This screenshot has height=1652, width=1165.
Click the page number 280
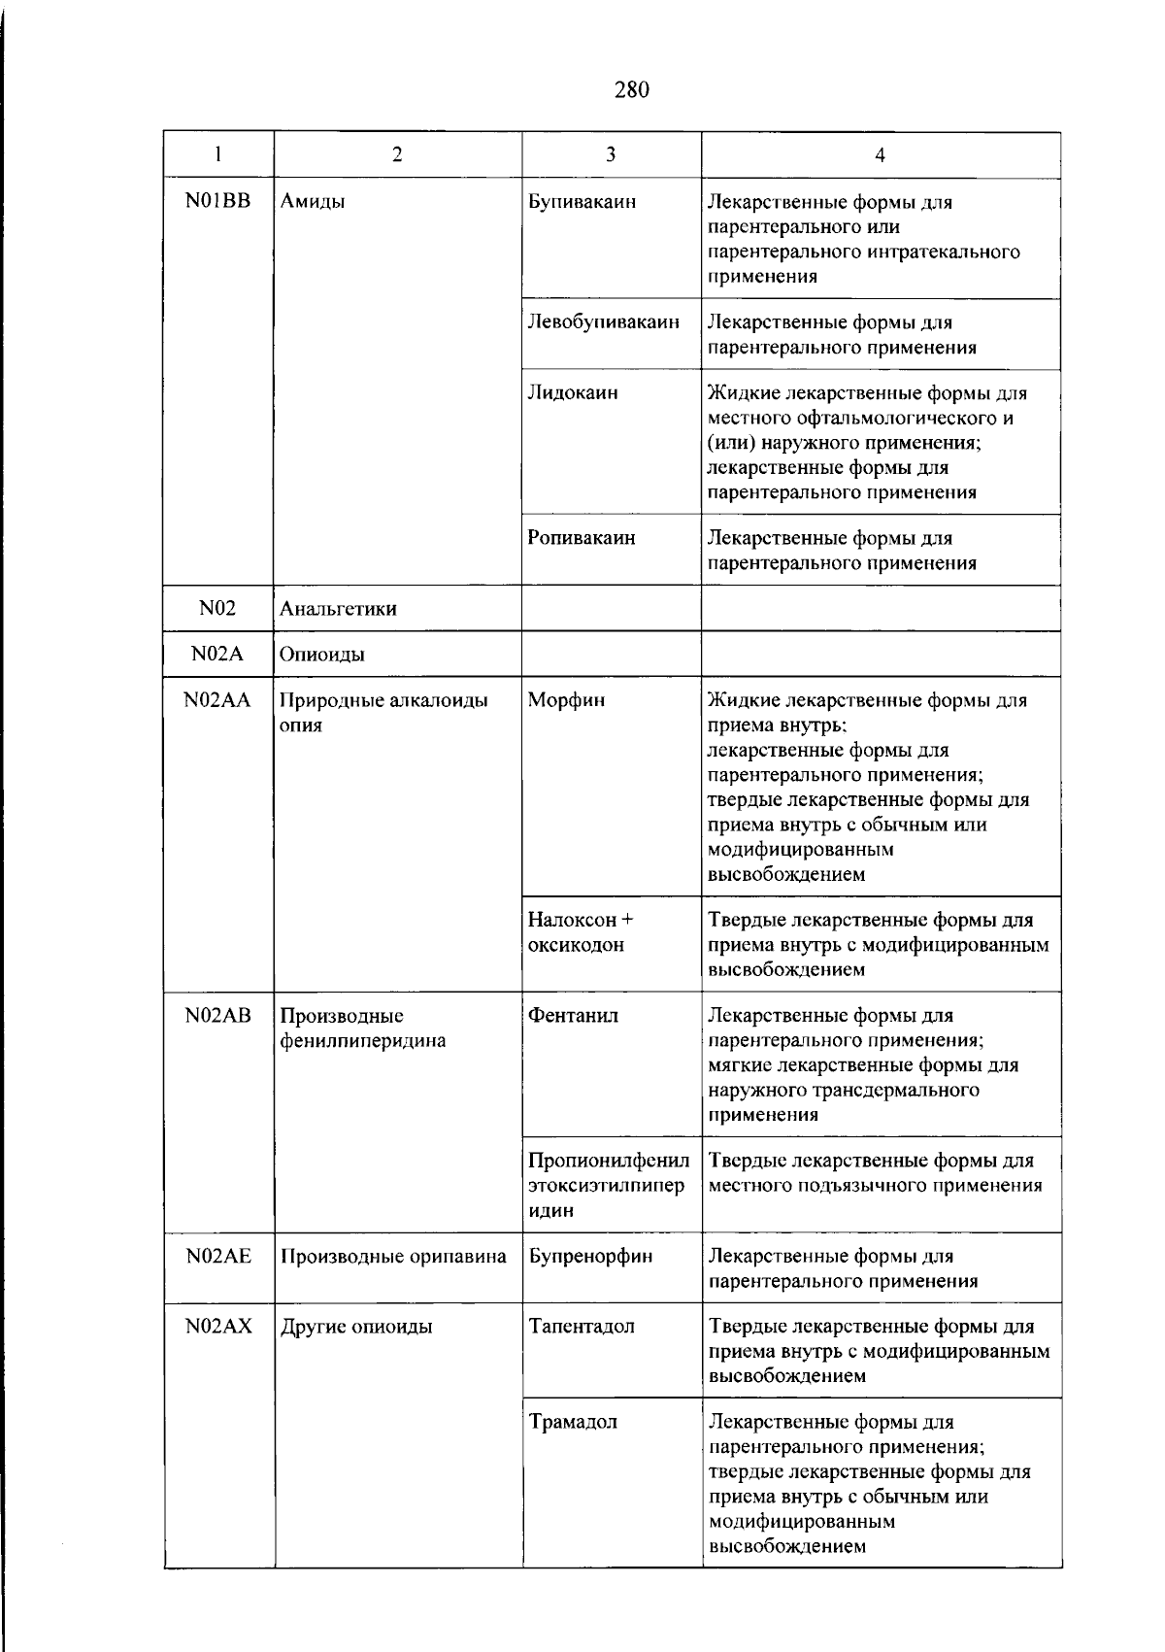click(631, 90)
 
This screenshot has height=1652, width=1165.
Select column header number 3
click(611, 154)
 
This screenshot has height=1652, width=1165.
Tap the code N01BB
click(217, 202)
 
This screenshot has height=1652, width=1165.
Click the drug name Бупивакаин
click(582, 202)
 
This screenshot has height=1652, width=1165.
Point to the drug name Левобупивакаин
click(603, 321)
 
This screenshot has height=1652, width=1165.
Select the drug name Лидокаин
click(572, 392)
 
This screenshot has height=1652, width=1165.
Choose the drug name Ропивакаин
click(581, 537)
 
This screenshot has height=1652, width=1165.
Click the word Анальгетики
click(338, 609)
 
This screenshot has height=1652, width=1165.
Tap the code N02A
click(217, 654)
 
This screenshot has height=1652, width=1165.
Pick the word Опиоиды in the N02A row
click(322, 655)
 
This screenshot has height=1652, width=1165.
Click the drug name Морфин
click(566, 700)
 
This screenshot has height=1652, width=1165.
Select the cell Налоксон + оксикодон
click(580, 932)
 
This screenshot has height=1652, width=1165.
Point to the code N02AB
click(217, 1016)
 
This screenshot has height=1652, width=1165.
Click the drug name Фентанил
click(573, 1016)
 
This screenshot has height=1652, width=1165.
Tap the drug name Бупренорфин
click(590, 1256)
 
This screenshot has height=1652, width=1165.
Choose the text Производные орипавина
click(393, 1257)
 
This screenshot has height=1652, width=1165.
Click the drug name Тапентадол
click(582, 1327)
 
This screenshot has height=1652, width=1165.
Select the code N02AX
click(218, 1327)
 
